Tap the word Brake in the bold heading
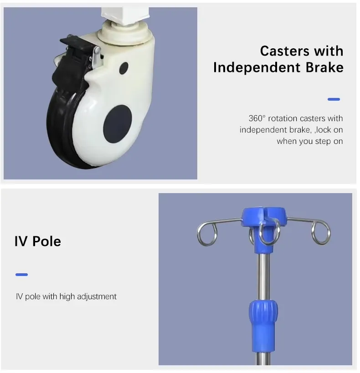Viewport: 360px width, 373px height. coord(325,67)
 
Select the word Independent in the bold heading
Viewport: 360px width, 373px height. coord(257,67)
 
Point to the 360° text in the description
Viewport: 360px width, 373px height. coord(257,118)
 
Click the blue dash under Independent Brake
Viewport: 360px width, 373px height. coord(334,99)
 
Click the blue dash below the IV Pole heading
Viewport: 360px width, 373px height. coord(22,275)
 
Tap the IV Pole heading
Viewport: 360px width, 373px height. coord(38,241)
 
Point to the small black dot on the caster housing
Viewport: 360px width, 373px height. coord(124,68)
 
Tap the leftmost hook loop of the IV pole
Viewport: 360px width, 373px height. coord(207,233)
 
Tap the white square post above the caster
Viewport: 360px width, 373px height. coord(125,15)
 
